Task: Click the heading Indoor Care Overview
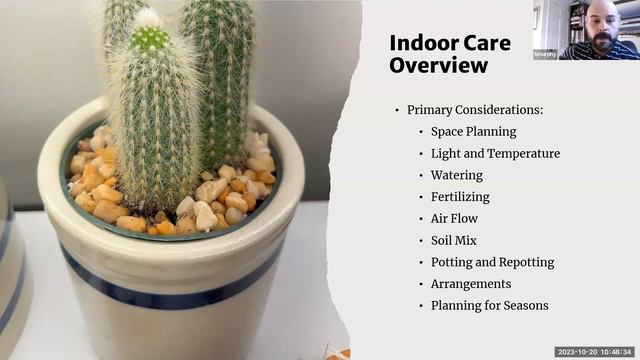(x=449, y=54)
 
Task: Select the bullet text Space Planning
(x=473, y=131)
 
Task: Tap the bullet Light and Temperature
(x=495, y=153)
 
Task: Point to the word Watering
(x=457, y=175)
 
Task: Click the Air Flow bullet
(x=454, y=218)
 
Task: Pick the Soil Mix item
(x=453, y=240)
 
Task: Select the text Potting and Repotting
(x=492, y=262)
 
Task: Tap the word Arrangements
(x=471, y=284)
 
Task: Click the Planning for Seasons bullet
(x=489, y=306)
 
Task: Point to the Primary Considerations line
(x=475, y=110)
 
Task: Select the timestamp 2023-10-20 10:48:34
(x=595, y=352)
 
